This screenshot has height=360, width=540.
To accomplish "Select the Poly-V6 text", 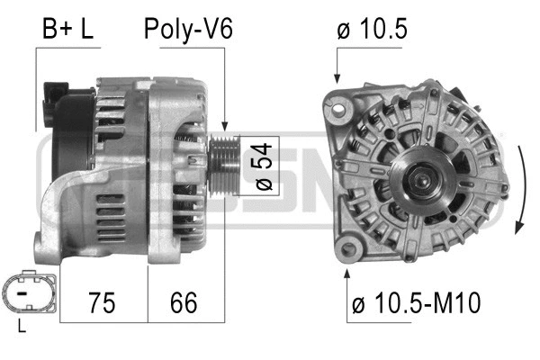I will [x=188, y=30].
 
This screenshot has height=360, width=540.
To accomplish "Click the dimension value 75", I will [x=103, y=302].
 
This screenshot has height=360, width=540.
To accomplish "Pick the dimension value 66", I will [x=183, y=302].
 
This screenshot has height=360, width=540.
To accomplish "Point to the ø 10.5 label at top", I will [x=372, y=30].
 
